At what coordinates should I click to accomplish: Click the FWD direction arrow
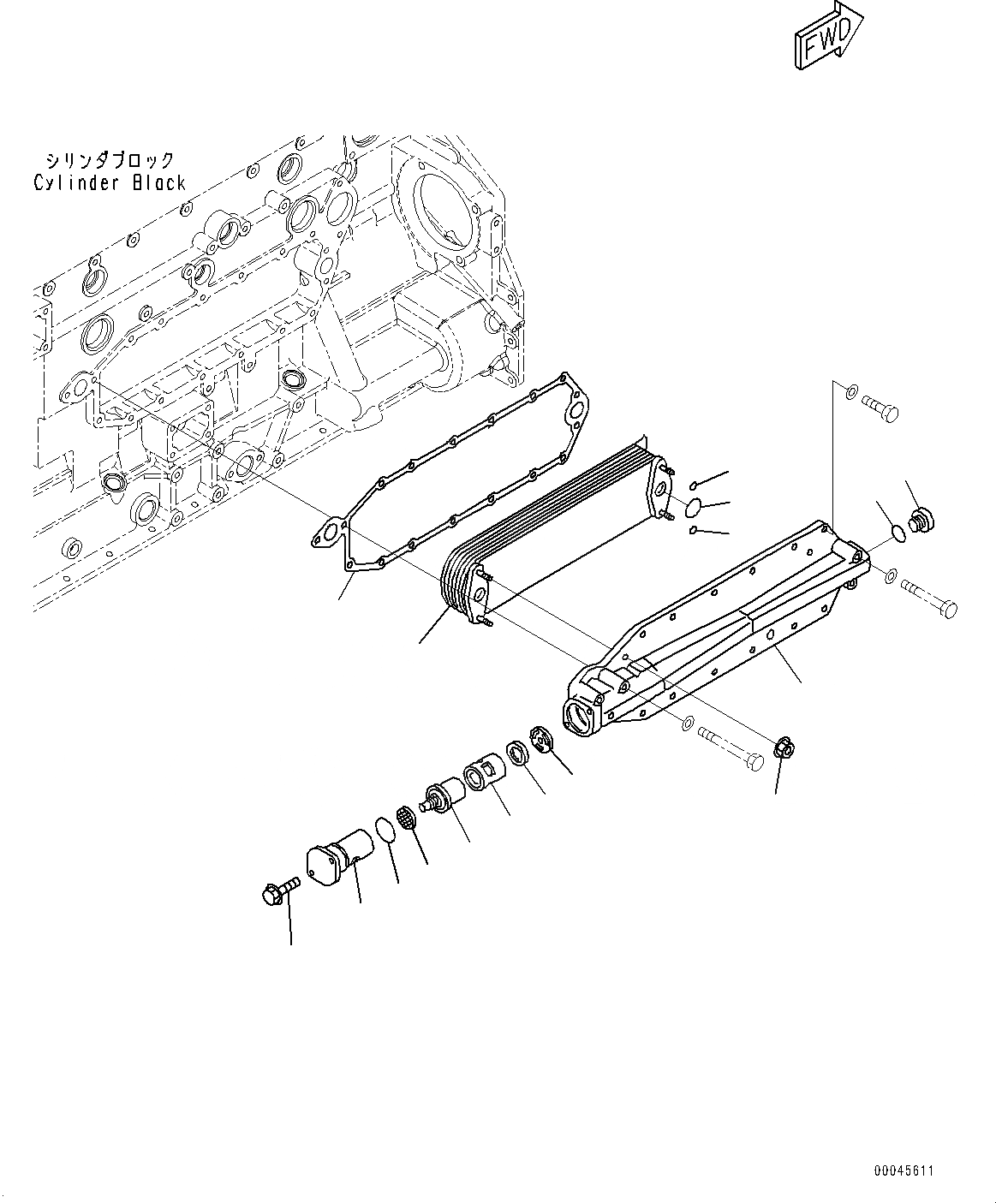(825, 37)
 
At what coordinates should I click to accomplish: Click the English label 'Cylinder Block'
(110, 182)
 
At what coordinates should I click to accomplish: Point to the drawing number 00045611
(904, 1170)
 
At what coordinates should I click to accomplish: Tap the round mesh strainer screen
(409, 817)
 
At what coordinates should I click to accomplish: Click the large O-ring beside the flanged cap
(385, 830)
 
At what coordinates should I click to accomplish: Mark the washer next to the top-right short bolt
(849, 393)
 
